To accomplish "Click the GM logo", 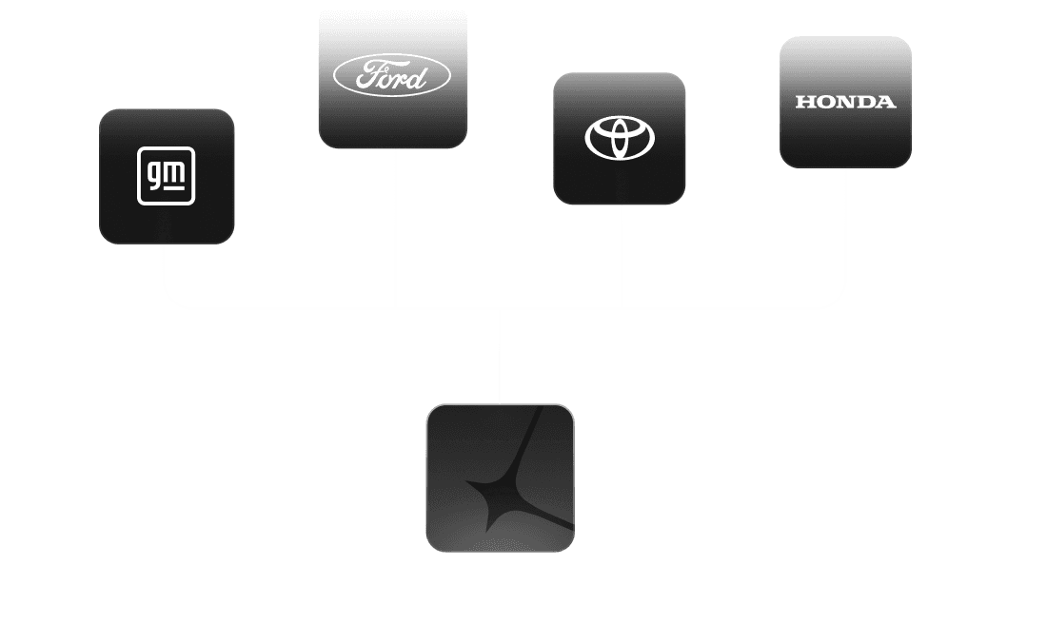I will tap(167, 176).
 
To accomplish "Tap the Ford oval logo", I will tap(392, 76).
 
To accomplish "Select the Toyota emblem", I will tap(620, 138).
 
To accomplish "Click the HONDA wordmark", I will tap(845, 102).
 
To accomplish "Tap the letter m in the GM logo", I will tap(179, 171).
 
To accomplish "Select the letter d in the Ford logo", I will tap(418, 76).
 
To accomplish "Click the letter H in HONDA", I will tap(803, 102).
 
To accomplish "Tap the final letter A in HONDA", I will tap(886, 102).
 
